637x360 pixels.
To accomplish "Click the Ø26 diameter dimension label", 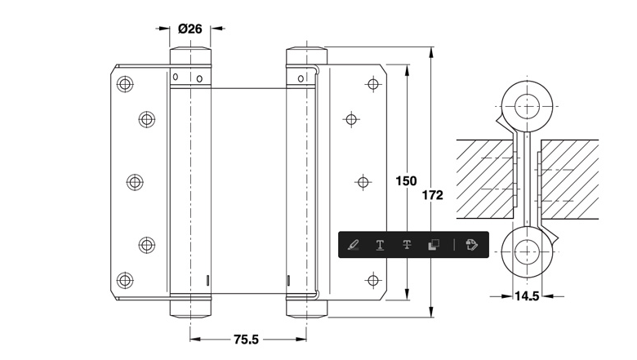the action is point(190,29).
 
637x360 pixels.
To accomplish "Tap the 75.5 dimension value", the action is point(246,340).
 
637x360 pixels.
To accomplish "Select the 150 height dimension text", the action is point(406,180).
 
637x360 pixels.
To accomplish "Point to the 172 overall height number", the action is point(432,195).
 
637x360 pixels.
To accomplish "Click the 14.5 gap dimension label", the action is point(527,296).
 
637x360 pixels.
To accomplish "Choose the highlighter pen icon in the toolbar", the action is point(353,245).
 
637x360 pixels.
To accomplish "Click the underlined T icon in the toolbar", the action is point(380,245).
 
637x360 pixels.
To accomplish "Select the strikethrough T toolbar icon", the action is point(407,244).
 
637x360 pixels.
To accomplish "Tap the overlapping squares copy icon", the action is point(434,245).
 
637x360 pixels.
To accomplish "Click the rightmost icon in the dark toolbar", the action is point(471,245).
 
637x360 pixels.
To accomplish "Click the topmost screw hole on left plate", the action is point(125,84).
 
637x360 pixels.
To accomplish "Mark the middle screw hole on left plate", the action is point(135,182).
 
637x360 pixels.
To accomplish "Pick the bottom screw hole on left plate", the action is point(125,280).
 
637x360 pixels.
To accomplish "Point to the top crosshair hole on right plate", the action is point(373,84).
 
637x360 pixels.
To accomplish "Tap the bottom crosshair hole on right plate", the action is point(373,280).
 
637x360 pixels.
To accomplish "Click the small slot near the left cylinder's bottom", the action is point(207,280).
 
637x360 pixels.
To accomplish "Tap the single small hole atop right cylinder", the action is point(301,78).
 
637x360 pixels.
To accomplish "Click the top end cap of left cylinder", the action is point(190,56).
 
